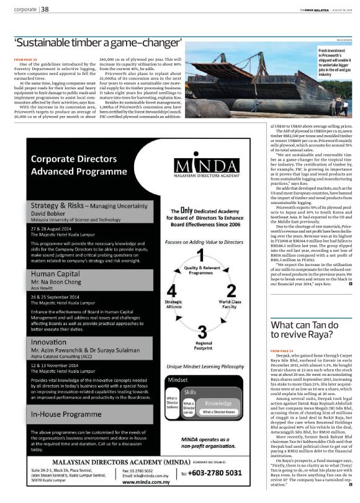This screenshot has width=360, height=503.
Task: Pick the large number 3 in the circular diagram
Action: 201,329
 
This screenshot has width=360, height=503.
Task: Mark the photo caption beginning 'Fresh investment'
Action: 335,62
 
